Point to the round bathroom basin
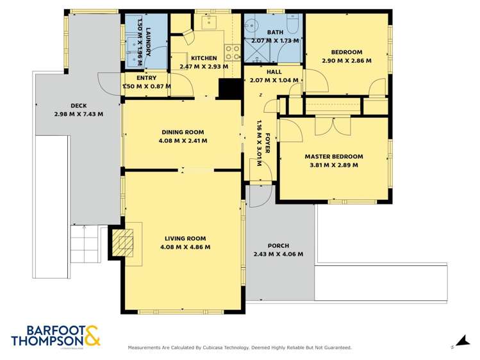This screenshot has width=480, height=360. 252,26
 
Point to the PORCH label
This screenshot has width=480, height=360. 278,246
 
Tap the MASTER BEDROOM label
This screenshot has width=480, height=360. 333,156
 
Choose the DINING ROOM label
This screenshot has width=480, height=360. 183,133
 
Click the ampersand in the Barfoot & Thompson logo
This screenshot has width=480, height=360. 90,336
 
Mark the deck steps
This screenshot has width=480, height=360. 85,245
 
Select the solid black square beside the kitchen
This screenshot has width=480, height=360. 227,88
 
